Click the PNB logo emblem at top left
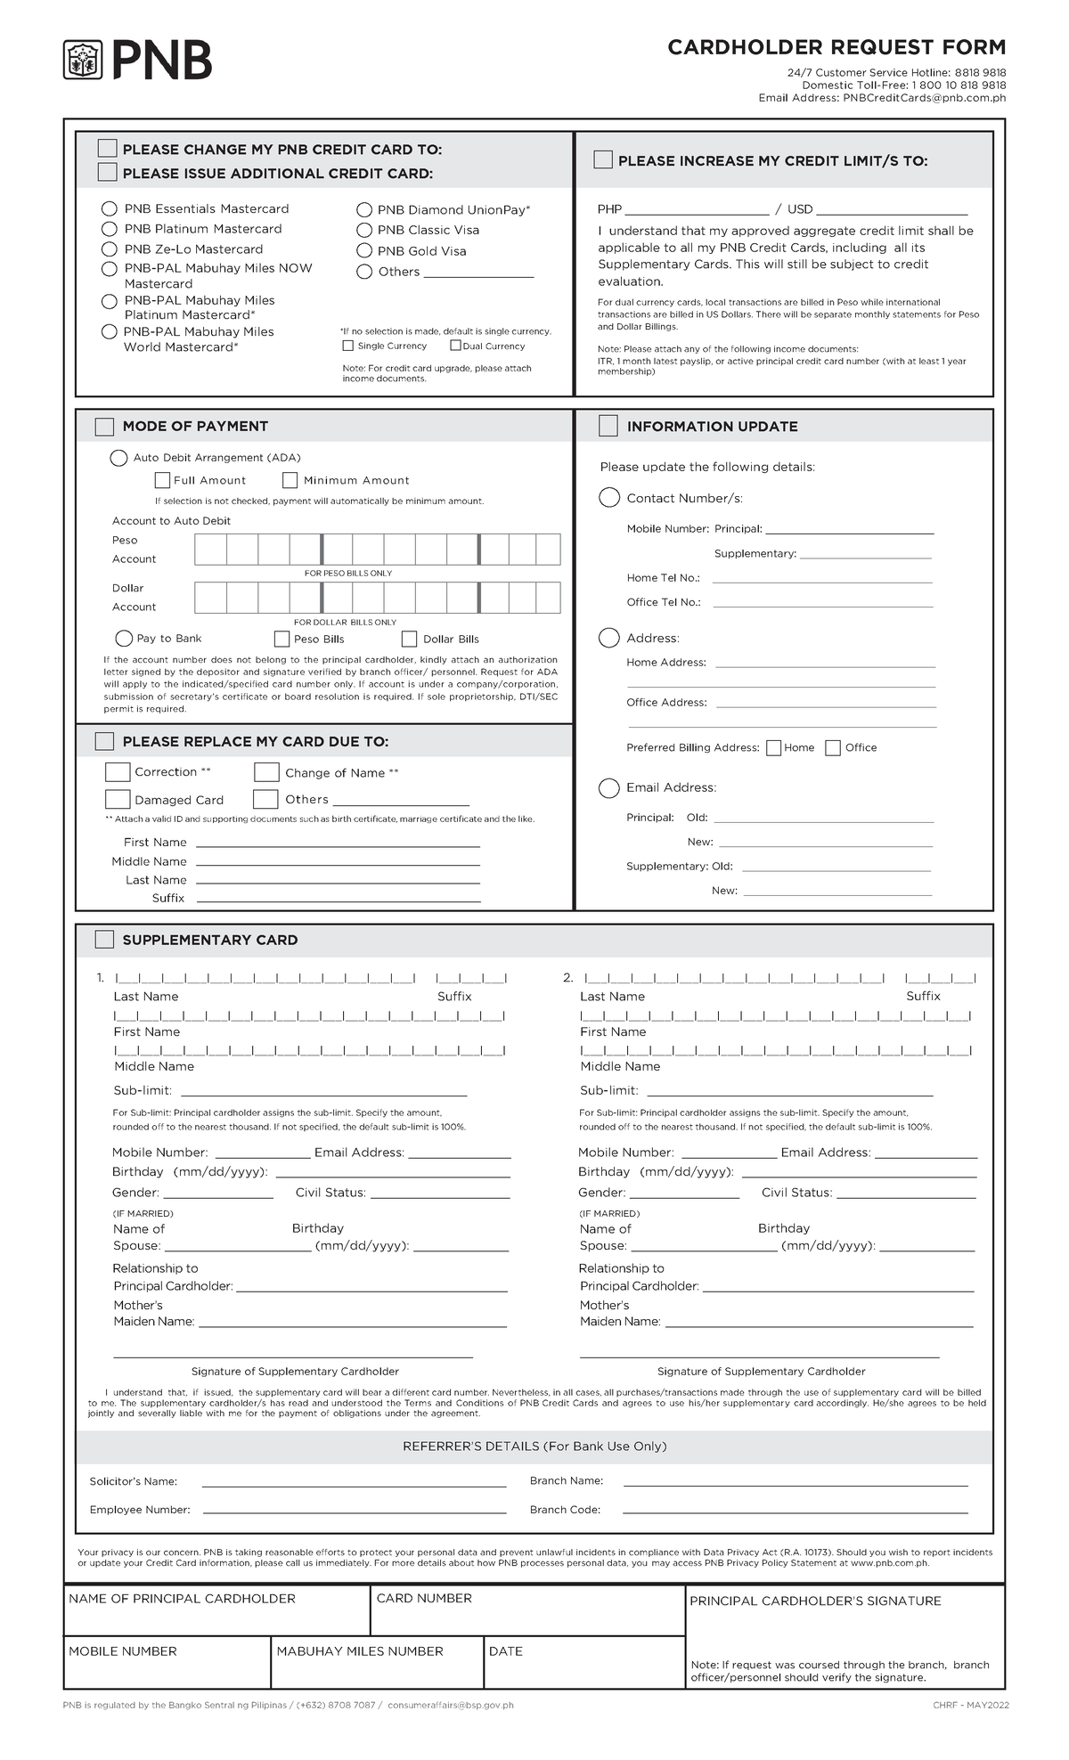pos(84,61)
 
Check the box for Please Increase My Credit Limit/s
pos(603,160)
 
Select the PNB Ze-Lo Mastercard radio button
pos(110,249)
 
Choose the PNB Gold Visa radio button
pos(364,251)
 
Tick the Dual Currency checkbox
pos(455,346)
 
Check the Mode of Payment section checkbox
pos(104,427)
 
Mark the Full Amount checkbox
pos(162,480)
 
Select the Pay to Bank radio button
pos(125,639)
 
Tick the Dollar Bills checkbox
pos(409,639)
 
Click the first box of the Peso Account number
pos(210,550)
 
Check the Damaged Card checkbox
pos(118,799)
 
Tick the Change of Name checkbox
pos(266,772)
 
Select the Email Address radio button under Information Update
pos(609,787)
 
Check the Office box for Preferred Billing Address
pos(833,747)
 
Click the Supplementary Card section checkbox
pos(104,940)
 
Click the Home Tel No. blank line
pos(821,578)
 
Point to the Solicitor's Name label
pos(133,1481)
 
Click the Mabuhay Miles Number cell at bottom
pos(377,1663)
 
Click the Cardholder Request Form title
pos(836,47)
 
